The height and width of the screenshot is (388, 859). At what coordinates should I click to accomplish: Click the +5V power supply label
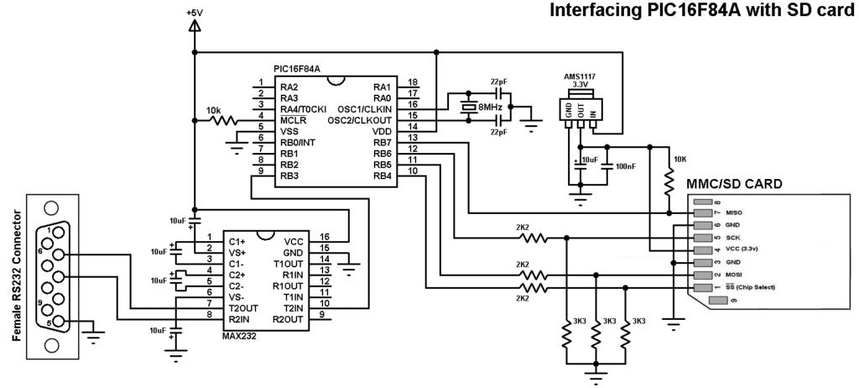click(195, 13)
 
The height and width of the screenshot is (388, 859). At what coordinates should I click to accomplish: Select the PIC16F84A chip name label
click(296, 69)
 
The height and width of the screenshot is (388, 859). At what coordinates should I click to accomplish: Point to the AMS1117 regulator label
click(580, 76)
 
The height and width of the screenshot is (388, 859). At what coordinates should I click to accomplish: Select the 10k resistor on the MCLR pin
click(224, 120)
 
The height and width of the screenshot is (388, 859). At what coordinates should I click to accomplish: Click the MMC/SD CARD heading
click(734, 184)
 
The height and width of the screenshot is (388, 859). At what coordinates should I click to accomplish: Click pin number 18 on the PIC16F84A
click(412, 82)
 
